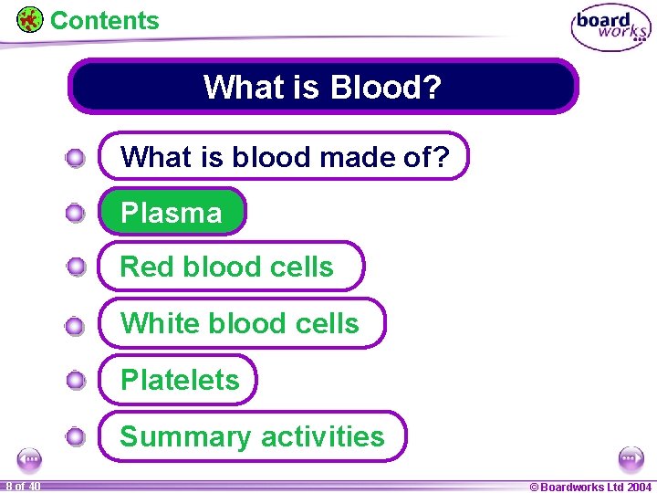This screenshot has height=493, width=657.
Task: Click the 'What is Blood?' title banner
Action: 323,87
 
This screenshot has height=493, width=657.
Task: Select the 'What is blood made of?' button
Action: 284,157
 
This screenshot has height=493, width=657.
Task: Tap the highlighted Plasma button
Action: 172,213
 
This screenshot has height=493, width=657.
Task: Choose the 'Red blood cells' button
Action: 230,267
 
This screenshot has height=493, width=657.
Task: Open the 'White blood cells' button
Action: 242,323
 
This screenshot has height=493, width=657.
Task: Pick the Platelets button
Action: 179,380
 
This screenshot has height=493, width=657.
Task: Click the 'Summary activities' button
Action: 253,436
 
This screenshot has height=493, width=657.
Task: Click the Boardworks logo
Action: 610,27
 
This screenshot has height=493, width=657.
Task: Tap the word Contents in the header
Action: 104,20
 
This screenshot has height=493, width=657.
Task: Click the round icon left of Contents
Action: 30,19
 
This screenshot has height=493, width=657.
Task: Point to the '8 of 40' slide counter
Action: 22,487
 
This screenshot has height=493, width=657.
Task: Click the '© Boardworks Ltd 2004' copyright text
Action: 590,487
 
